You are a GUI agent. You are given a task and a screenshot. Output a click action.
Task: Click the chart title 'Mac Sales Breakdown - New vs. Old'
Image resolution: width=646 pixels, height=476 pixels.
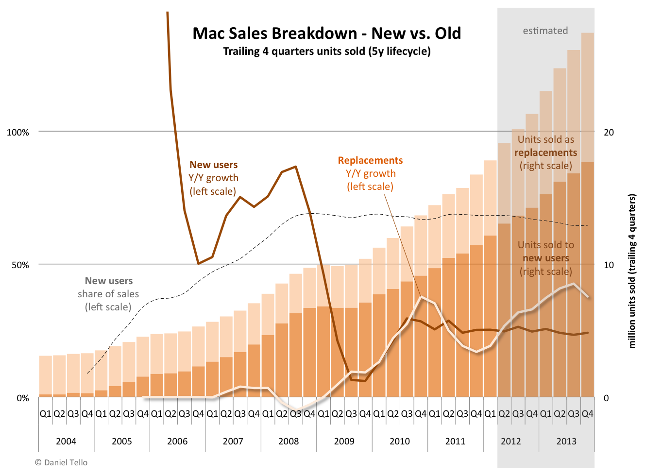tap(326, 34)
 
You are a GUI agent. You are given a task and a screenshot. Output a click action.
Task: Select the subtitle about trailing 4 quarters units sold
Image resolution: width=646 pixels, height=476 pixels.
tap(326, 51)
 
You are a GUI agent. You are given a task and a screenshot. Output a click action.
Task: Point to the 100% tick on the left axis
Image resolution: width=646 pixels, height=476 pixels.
tap(18, 132)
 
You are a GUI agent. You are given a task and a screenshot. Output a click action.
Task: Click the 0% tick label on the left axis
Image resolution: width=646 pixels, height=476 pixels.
tap(22, 398)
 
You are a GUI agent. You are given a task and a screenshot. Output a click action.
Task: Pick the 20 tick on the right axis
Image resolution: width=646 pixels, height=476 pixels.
tap(608, 132)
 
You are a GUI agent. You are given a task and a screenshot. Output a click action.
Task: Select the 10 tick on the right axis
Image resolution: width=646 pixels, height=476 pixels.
tap(608, 265)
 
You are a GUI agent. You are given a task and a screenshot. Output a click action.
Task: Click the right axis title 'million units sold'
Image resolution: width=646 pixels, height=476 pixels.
tap(632, 271)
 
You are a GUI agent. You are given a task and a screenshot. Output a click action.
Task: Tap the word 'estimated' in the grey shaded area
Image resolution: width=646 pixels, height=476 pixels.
tap(545, 31)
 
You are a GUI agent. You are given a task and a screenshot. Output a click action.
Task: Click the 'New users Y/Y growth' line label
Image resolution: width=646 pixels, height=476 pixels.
tap(213, 178)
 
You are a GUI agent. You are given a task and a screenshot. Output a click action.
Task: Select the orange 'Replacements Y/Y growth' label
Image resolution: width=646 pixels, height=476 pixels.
tap(370, 173)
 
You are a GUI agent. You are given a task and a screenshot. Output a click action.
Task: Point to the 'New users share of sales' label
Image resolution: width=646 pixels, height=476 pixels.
tap(108, 294)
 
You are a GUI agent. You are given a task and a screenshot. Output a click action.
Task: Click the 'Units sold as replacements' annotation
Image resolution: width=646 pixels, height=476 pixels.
tap(545, 153)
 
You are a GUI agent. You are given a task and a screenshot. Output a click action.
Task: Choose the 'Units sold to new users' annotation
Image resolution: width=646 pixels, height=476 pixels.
tap(545, 258)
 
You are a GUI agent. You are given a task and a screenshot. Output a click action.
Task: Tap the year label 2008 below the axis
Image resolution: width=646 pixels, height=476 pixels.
tap(289, 441)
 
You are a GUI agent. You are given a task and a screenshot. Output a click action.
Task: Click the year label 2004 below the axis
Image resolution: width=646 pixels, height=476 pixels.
tap(66, 441)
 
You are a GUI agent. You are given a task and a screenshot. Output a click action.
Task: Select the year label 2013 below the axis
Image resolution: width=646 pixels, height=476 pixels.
tap(566, 441)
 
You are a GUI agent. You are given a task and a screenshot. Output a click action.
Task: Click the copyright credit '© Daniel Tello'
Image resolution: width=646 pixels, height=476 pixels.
tap(61, 462)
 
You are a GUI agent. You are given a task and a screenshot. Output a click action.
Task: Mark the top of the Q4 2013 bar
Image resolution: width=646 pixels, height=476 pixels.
tap(588, 33)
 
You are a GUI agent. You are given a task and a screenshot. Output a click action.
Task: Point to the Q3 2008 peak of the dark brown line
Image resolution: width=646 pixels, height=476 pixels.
tap(296, 167)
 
